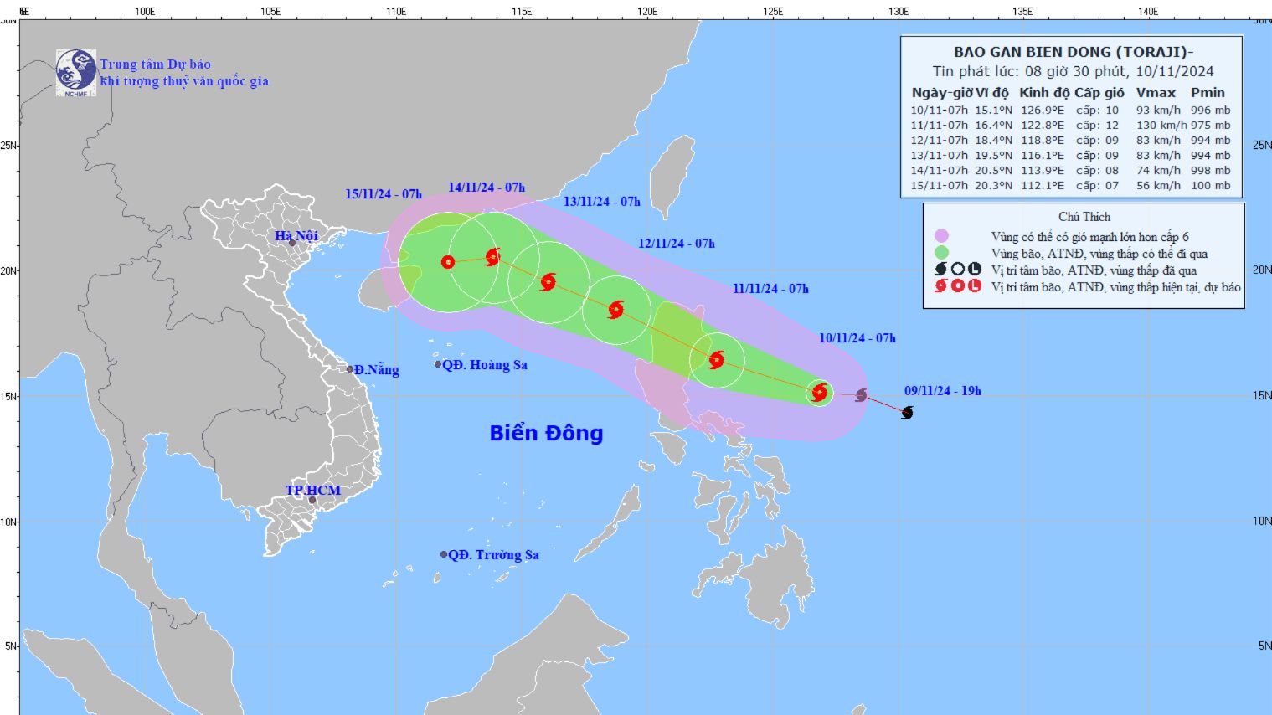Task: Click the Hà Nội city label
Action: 296,236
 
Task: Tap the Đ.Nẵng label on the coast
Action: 376,370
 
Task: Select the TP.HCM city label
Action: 312,491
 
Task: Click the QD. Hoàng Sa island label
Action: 484,365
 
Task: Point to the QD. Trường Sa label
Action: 492,555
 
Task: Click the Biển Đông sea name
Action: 546,433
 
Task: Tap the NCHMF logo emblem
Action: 76,72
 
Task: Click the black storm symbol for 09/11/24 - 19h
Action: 907,413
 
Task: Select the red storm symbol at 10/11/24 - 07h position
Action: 820,393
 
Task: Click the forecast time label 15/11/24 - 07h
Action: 384,194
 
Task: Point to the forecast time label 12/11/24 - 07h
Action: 676,244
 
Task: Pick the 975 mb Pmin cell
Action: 1210,126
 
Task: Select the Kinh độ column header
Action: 1043,93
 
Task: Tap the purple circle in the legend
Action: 941,236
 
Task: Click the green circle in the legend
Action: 941,253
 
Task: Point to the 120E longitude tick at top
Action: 646,12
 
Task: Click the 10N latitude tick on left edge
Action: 9,522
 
